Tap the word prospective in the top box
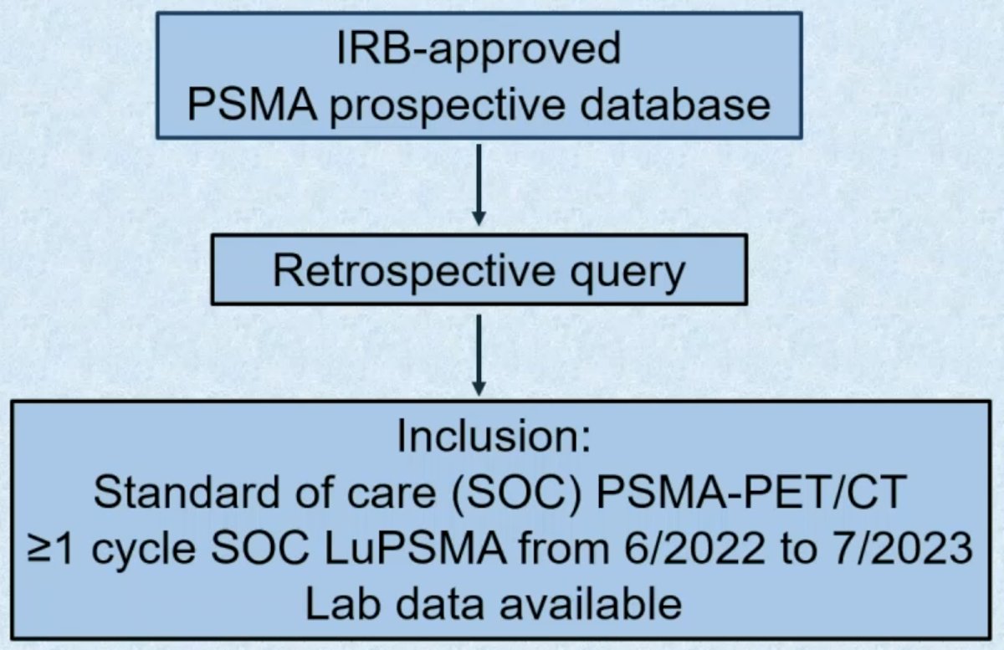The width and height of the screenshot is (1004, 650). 448,108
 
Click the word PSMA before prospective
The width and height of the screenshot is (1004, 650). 252,105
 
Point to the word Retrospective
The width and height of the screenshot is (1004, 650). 414,273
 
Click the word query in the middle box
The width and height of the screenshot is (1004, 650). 627,275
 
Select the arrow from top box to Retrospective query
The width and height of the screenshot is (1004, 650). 479,185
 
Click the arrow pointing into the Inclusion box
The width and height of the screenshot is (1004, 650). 479,355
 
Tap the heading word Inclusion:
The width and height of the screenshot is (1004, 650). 494,436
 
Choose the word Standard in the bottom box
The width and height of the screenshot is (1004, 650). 187,492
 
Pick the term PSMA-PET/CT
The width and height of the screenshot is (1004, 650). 751,492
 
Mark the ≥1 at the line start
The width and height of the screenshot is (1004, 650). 49,549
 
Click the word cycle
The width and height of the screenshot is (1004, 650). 143,552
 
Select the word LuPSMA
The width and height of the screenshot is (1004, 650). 415,548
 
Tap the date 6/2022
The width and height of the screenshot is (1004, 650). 694,548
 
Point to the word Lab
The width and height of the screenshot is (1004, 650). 343,603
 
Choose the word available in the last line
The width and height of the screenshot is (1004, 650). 591,603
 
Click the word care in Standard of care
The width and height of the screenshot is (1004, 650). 392,496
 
